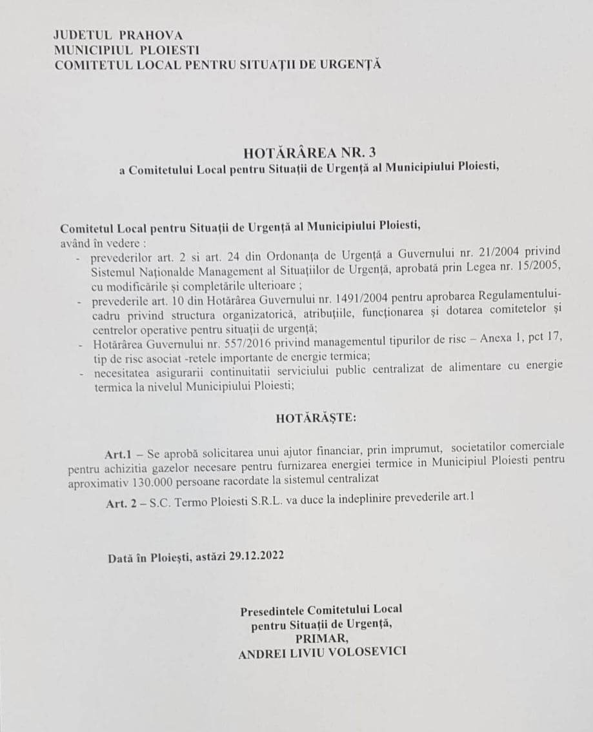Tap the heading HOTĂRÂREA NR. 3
tap(309, 152)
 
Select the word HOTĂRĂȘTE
tap(315, 418)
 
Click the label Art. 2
tap(120, 503)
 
